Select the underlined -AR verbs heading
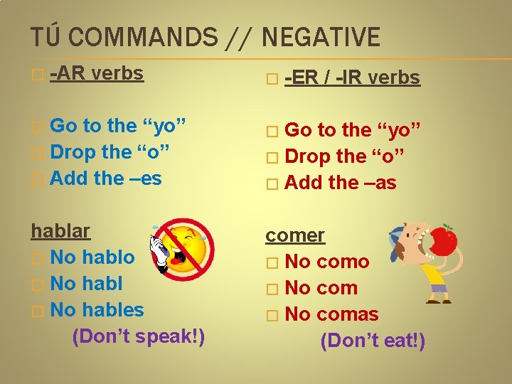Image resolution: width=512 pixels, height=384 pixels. [x=98, y=73]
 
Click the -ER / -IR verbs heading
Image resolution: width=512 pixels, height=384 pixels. [x=352, y=78]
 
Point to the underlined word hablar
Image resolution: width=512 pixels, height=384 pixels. [x=60, y=231]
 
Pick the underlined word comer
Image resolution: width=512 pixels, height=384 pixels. [x=295, y=235]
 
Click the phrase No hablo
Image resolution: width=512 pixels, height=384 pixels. [x=92, y=257]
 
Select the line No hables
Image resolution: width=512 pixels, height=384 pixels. [x=97, y=310]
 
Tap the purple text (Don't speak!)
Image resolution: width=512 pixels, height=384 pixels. [x=138, y=336]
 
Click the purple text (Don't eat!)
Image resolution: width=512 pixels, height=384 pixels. [x=373, y=341]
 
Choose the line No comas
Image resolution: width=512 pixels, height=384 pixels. [x=331, y=314]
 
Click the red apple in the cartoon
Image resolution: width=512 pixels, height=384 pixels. [x=444, y=241]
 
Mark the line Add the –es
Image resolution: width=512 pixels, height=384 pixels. [x=106, y=178]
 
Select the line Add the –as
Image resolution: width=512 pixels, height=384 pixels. [x=340, y=183]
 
